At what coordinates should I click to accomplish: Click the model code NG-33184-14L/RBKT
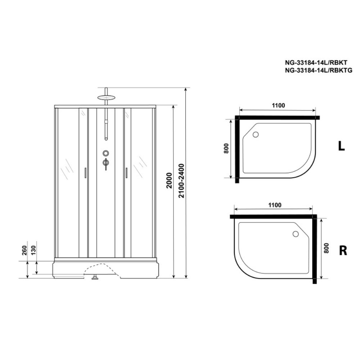316,62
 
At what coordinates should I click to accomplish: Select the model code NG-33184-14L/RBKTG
319,70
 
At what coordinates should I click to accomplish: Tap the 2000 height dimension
169,180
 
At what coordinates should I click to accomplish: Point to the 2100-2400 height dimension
181,181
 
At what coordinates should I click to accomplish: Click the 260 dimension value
24,250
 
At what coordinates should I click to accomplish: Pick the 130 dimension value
33,250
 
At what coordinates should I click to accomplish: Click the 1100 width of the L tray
278,105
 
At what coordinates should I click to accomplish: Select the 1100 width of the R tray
275,205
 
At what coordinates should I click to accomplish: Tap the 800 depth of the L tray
226,148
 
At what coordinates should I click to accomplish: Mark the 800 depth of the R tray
326,248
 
